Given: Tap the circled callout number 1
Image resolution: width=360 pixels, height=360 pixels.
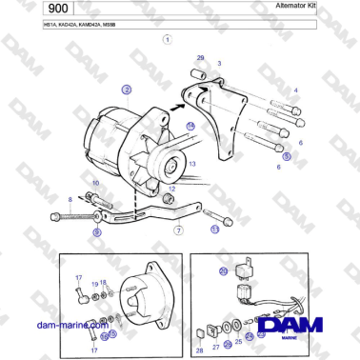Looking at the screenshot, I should (168, 40).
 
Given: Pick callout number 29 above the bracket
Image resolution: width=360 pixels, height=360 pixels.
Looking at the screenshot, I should (200, 59).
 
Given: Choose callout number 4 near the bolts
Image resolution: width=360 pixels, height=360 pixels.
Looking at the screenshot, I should (295, 90).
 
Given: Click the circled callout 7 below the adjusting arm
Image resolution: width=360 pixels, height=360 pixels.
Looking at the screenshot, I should (178, 230).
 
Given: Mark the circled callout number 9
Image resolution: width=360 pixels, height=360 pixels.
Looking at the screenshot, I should (96, 231).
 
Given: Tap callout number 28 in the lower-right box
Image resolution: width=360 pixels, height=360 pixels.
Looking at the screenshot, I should (200, 350).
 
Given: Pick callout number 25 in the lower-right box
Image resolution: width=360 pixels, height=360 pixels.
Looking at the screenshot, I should (238, 340).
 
